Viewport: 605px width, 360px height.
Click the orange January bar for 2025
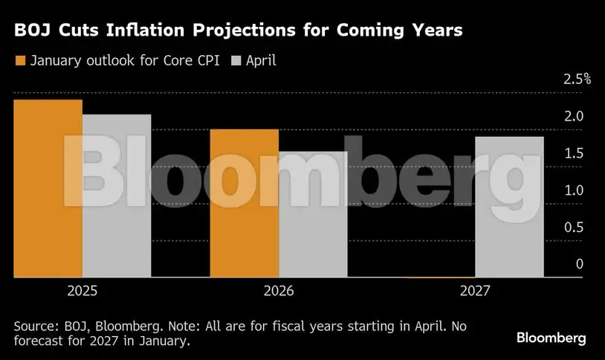[48, 189]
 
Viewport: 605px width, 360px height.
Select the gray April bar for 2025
[117, 196]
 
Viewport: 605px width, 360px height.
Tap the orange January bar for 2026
[245, 204]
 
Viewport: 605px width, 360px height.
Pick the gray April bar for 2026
[313, 215]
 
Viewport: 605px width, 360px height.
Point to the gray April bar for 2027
[509, 208]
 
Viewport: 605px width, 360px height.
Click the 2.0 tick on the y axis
[574, 117]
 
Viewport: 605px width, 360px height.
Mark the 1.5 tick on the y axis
[574, 154]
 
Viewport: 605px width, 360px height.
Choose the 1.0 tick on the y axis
[574, 191]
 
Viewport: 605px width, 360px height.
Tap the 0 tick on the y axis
[580, 265]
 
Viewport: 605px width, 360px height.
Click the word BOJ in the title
[30, 31]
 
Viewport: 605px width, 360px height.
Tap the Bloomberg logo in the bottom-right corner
[551, 338]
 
